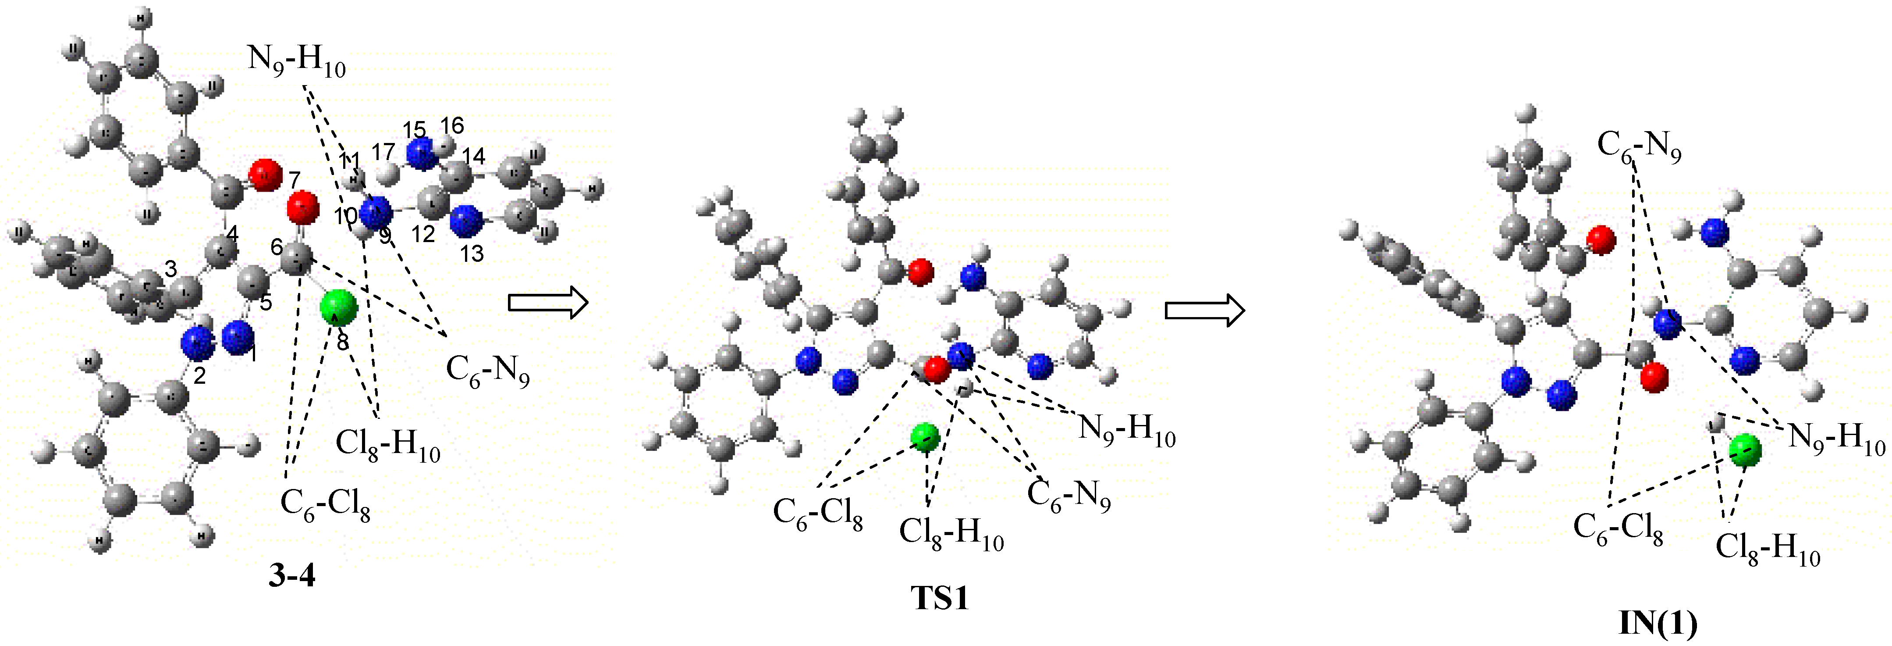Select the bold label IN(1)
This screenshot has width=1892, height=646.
(1658, 624)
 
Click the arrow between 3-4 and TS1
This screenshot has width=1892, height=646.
(548, 302)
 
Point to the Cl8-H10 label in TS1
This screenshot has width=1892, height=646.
(951, 534)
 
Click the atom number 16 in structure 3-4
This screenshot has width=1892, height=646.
(452, 126)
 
